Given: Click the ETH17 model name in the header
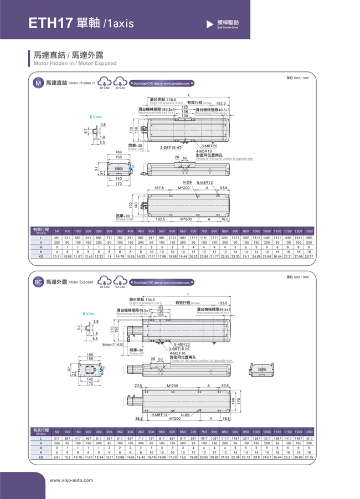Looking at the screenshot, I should click(x=51, y=22).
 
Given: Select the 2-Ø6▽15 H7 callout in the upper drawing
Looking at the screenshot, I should click(x=171, y=147).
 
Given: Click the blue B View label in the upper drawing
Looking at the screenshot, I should click(x=96, y=117).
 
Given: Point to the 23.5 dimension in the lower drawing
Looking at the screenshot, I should click(x=138, y=385).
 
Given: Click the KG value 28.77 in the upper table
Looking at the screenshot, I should click(x=309, y=256).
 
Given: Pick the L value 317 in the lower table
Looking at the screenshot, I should click(x=56, y=439).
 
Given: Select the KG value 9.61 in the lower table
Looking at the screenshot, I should click(x=56, y=457).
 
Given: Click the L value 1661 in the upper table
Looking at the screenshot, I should click(x=309, y=238).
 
